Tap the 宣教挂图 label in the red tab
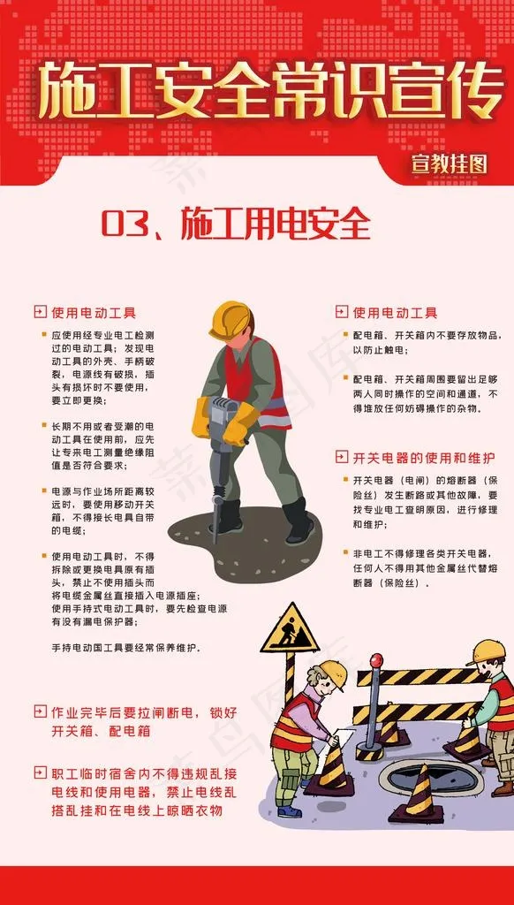tap(450, 164)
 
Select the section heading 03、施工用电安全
tap(236, 224)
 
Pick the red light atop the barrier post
tap(377, 660)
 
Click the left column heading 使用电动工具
tap(94, 313)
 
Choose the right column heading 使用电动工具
tap(395, 313)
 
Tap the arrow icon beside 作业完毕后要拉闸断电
tap(39, 711)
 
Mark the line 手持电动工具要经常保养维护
tap(126, 648)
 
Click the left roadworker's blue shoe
tap(289, 810)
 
